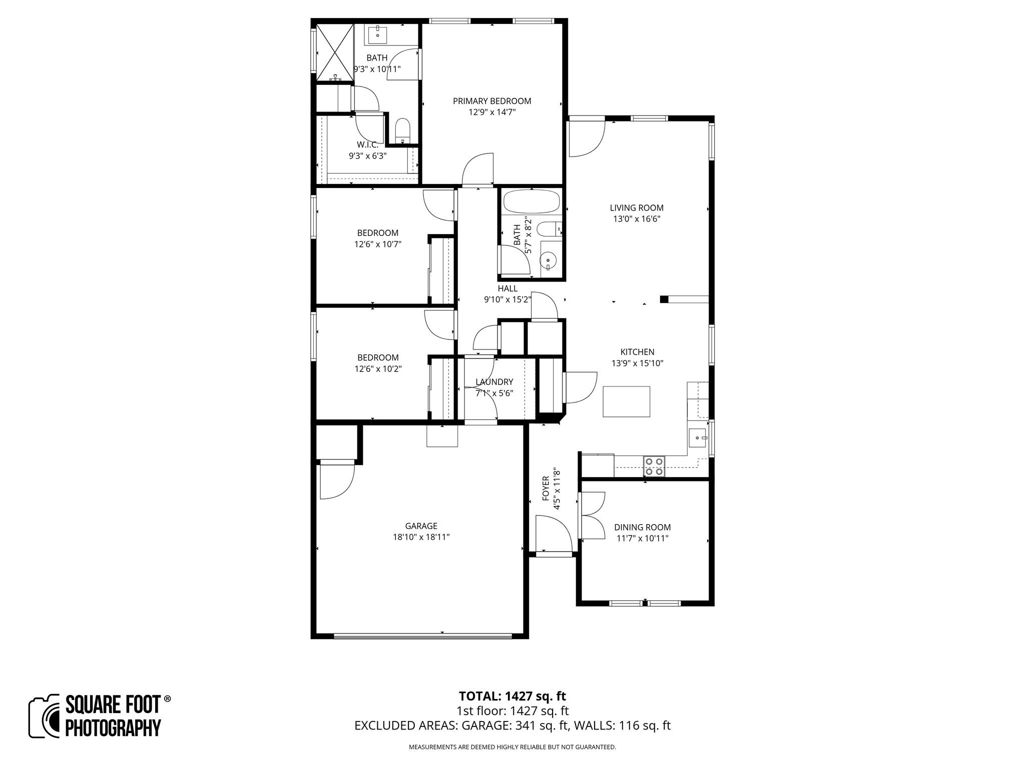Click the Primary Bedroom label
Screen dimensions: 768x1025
click(x=492, y=101)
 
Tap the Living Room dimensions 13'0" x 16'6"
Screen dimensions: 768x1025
click(x=637, y=218)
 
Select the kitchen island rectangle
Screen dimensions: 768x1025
click(x=626, y=401)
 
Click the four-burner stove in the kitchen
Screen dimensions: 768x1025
click(x=654, y=466)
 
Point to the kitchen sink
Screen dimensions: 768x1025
click(x=697, y=438)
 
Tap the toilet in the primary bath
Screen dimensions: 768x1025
click(x=402, y=131)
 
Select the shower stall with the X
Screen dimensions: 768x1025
click(x=334, y=52)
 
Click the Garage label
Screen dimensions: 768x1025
click(x=421, y=526)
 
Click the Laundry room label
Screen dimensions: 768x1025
click(x=494, y=382)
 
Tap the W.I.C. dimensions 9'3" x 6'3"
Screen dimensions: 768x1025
click(x=367, y=155)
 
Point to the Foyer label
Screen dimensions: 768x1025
click(x=546, y=488)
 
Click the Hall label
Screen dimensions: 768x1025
click(x=507, y=288)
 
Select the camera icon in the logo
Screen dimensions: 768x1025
click(x=45, y=716)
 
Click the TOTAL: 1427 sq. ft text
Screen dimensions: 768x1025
click(x=512, y=696)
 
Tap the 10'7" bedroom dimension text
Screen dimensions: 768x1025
click(x=378, y=244)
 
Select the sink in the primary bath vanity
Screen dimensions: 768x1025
click(x=377, y=35)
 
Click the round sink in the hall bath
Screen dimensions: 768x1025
click(x=549, y=260)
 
